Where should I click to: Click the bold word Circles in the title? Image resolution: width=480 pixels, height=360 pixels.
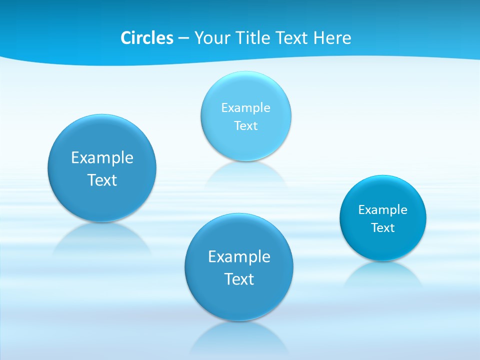point(146,38)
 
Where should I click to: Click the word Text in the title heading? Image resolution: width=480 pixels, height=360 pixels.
point(292,38)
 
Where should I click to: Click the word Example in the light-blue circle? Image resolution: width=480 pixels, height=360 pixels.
point(245,107)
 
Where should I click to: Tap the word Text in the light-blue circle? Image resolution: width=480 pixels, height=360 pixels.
point(245,125)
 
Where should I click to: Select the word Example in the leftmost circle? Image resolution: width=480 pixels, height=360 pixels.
point(102,158)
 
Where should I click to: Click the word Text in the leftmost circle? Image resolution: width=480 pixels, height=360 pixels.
point(102,180)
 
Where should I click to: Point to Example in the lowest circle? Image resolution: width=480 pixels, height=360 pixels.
point(239,257)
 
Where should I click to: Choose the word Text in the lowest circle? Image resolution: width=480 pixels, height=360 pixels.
point(239,279)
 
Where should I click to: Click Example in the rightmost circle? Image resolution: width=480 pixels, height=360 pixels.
point(382,210)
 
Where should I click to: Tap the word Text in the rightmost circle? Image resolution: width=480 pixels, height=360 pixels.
point(382,228)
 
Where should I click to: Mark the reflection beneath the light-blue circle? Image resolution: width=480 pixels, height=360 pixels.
point(246,175)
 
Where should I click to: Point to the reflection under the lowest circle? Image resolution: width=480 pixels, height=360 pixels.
point(239,337)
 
